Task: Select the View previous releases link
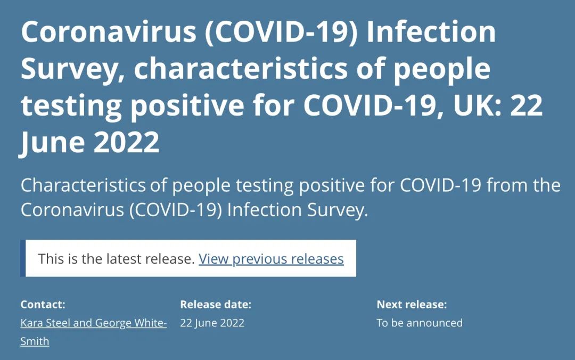(x=271, y=259)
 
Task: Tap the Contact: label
(x=43, y=304)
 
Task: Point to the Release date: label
(x=216, y=304)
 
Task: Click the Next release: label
(x=412, y=304)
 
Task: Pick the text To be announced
(x=420, y=323)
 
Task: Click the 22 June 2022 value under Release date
(x=212, y=323)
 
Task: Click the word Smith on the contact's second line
(x=35, y=341)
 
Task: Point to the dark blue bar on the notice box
(x=23, y=258)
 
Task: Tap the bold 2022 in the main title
(x=127, y=142)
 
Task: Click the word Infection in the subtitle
(x=264, y=210)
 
